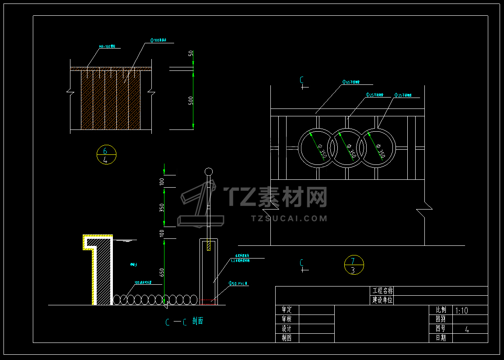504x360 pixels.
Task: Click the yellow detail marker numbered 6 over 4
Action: coord(106,155)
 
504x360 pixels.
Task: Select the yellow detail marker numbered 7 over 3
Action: coord(354,265)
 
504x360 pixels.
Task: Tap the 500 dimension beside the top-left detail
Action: coord(191,100)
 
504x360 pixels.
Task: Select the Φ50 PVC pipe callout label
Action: coord(238,283)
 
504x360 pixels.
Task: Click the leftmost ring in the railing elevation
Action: coord(317,148)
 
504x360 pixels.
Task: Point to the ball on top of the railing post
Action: coord(209,171)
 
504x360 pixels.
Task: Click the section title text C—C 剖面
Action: coord(184,322)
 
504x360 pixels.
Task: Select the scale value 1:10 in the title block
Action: coord(462,311)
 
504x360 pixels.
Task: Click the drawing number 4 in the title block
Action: coord(467,329)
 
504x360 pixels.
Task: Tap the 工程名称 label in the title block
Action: coord(382,291)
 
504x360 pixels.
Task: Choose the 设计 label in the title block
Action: coord(287,329)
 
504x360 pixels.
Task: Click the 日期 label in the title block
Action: coord(441,338)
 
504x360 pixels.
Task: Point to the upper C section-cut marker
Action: coord(302,80)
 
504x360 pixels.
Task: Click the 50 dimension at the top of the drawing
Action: coord(191,54)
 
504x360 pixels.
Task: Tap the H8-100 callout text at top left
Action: coord(107,46)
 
